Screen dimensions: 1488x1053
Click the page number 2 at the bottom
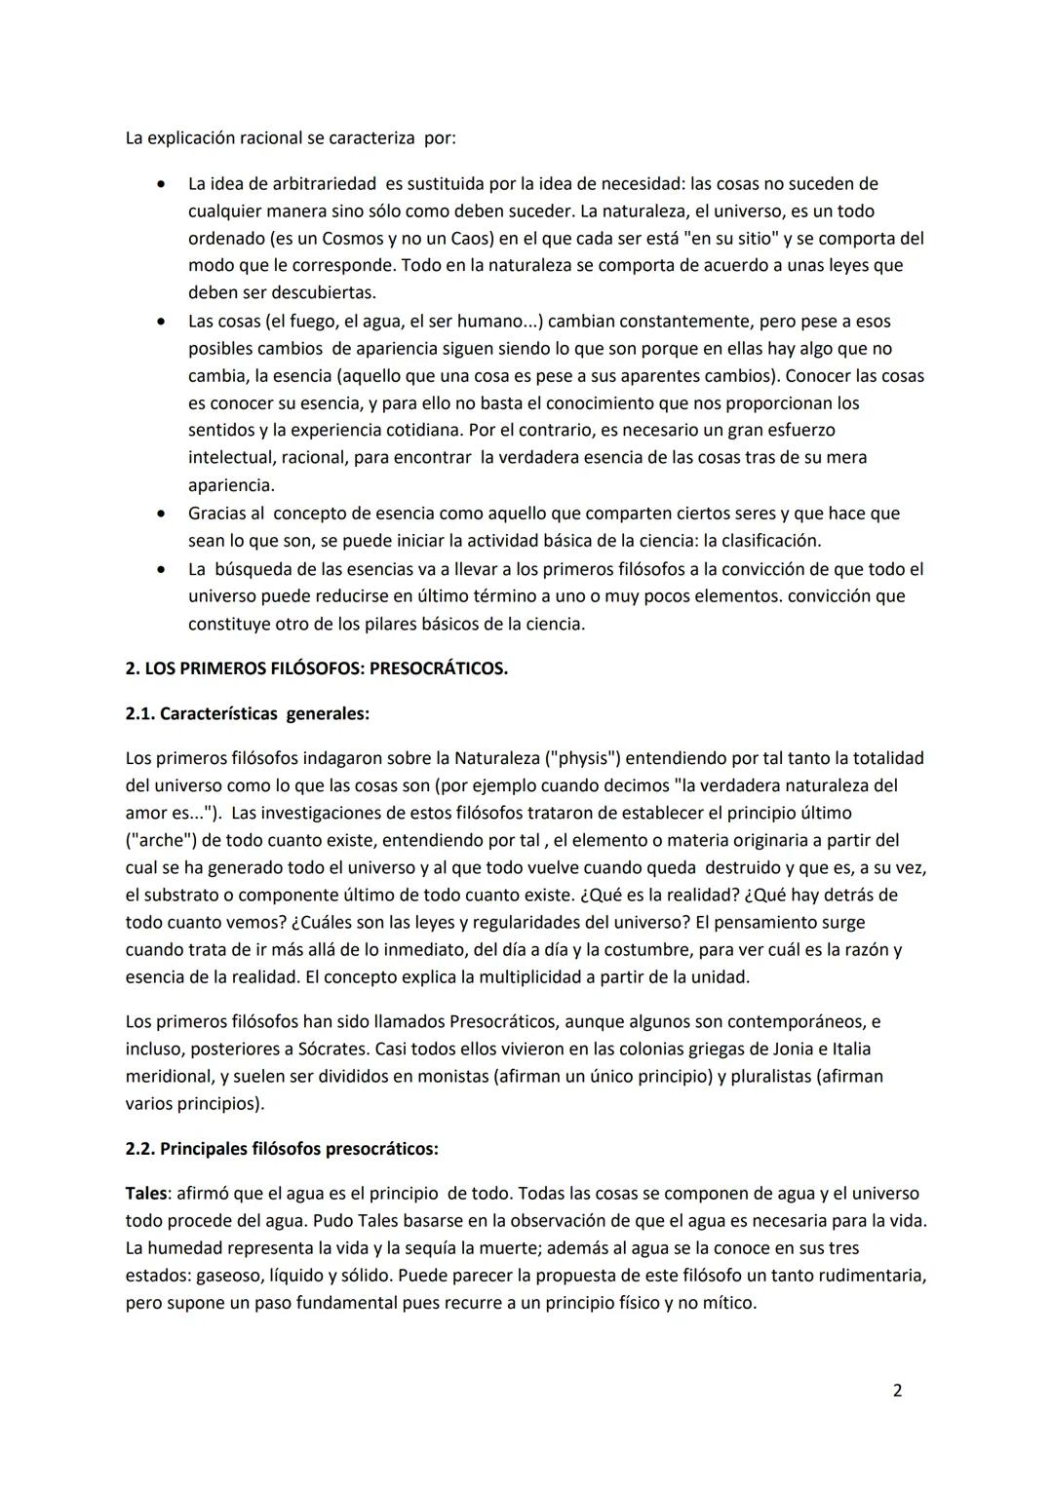[x=897, y=1391]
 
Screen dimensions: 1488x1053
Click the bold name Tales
[x=146, y=1193]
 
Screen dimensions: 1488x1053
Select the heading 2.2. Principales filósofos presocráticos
[x=282, y=1148]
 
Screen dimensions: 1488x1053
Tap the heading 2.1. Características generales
[x=247, y=713]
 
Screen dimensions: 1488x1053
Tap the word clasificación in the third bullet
[x=770, y=540]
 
